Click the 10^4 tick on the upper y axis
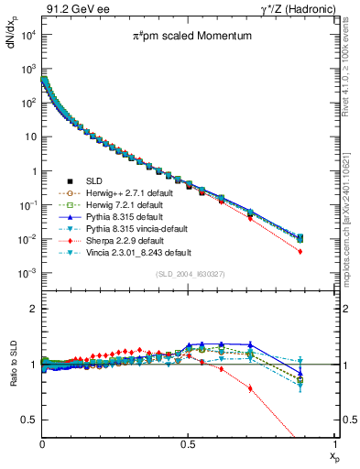pos(28,34)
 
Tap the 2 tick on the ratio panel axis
pos(35,310)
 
